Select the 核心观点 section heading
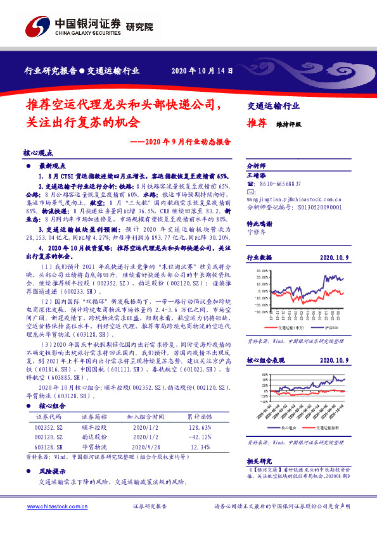pos(39,153)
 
